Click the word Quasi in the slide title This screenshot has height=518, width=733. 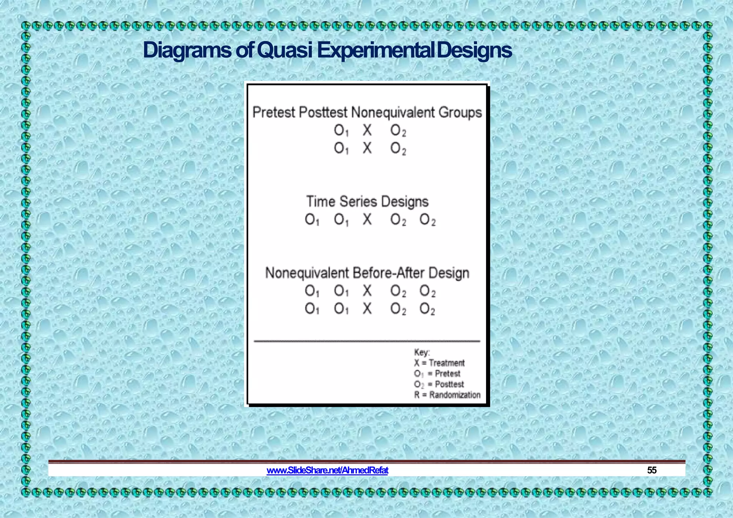(285, 50)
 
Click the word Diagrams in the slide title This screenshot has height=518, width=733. (187, 50)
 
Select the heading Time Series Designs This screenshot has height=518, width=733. (367, 201)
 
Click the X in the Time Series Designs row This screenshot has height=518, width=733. (367, 219)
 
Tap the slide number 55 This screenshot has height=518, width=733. (652, 470)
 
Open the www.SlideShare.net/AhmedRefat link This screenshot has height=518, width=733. (327, 470)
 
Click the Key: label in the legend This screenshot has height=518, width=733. (422, 352)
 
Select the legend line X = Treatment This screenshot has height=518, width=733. (439, 363)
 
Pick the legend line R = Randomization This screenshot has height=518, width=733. (447, 395)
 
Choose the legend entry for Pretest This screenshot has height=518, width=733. (437, 374)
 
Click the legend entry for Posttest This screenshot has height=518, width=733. (439, 385)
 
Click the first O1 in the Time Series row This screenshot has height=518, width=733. (312, 220)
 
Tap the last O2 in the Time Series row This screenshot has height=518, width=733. (427, 220)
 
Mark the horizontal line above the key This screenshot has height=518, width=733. (367, 341)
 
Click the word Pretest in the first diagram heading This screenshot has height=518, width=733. (273, 112)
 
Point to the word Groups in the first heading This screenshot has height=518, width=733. (460, 112)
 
